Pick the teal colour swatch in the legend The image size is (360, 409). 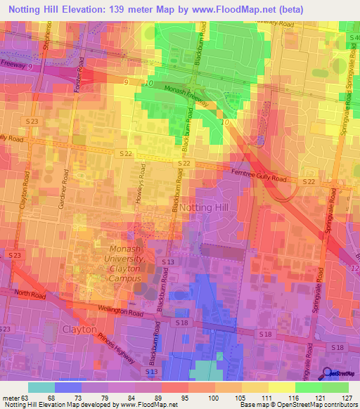coord(41,387)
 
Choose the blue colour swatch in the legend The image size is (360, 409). coord(67,387)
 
